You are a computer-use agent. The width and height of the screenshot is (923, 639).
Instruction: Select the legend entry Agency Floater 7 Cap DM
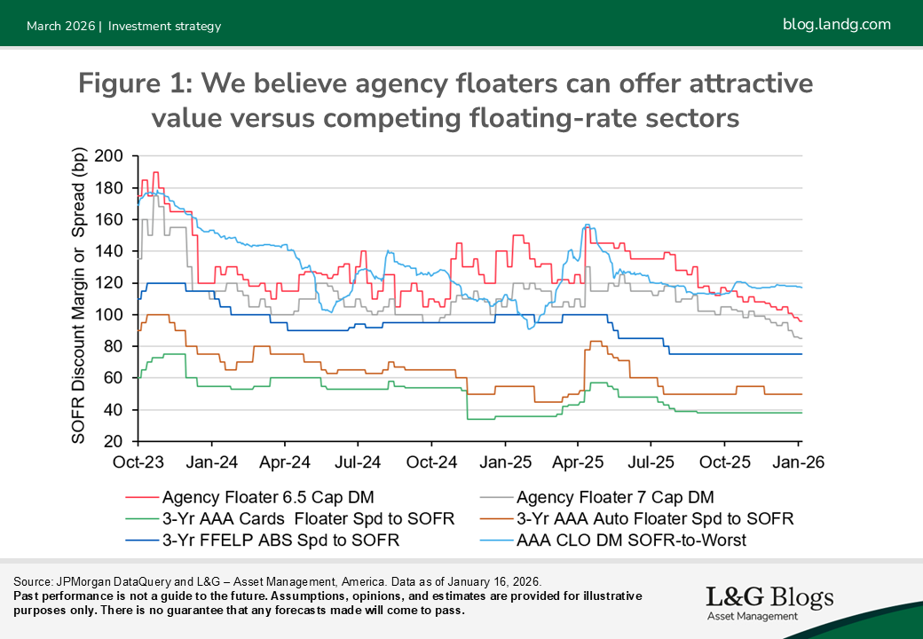click(614, 497)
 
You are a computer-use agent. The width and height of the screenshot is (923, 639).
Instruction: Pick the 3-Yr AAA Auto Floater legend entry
click(654, 518)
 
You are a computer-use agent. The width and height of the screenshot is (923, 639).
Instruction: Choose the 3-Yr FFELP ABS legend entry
click(280, 540)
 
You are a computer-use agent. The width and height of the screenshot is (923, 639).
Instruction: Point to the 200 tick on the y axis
click(113, 156)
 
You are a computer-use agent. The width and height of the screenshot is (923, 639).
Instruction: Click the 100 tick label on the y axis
click(113, 315)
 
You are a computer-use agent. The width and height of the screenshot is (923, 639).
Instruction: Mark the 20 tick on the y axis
click(118, 442)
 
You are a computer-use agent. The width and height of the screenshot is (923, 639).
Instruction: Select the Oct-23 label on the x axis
click(138, 462)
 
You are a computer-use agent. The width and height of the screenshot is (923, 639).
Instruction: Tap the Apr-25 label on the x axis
click(578, 462)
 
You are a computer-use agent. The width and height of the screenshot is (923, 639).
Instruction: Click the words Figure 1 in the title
click(134, 84)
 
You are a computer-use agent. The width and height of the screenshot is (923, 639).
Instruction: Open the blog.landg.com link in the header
click(836, 24)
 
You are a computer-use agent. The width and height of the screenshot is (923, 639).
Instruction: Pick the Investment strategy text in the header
click(164, 26)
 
